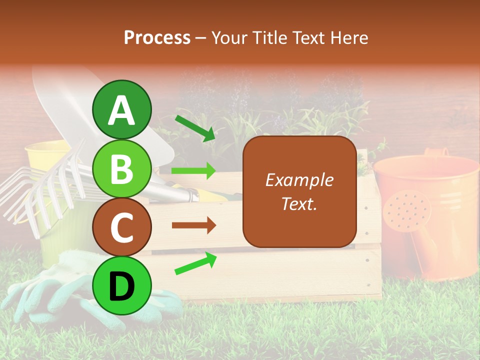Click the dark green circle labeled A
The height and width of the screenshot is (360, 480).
point(121,109)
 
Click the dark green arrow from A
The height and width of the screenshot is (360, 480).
point(195,128)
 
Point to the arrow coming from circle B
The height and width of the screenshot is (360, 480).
point(193,171)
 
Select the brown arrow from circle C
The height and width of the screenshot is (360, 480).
point(193,225)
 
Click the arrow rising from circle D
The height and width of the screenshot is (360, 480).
point(195,263)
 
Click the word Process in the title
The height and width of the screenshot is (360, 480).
point(157,37)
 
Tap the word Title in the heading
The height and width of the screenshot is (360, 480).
point(270,37)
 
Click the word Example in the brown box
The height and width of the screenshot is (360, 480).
point(299,180)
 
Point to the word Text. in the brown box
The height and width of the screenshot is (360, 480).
point(299,203)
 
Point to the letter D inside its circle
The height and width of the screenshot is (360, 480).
point(121,285)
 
